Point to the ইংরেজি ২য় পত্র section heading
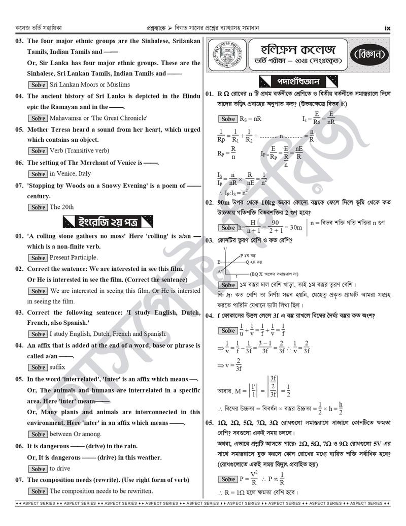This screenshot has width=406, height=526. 108,222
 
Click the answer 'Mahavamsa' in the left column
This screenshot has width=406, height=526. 67,118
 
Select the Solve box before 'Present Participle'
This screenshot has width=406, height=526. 38,258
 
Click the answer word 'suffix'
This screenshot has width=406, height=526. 57,367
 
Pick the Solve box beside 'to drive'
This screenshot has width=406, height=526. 38,469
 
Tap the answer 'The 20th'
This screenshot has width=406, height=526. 61,207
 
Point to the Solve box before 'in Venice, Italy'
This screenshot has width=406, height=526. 38,174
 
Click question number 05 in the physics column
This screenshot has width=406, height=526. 209,423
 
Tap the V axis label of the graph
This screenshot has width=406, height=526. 225,249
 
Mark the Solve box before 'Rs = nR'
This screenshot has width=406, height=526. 228,119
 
